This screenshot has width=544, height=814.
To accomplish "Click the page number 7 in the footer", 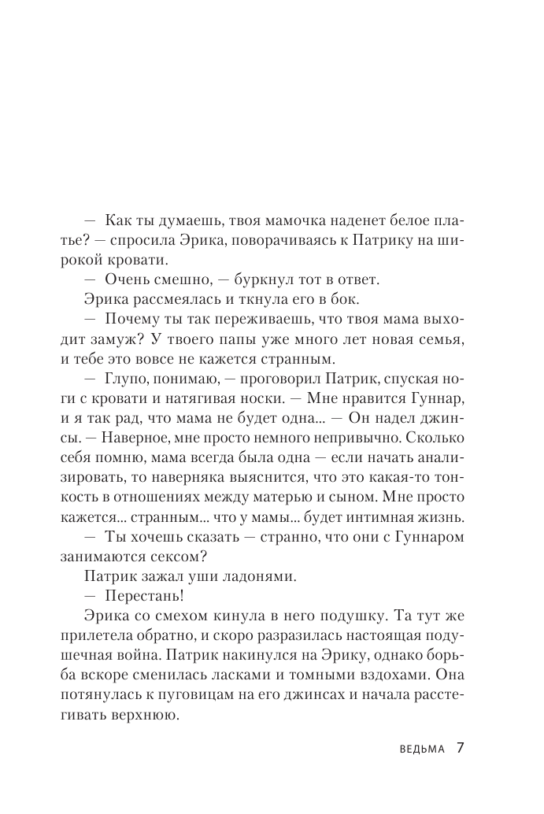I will (x=462, y=747).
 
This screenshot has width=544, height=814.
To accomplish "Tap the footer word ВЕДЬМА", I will (x=422, y=749).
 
